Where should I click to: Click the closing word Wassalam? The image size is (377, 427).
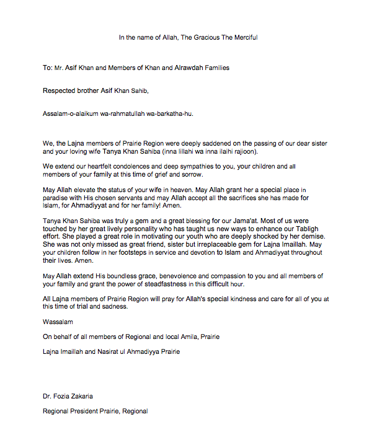(58, 322)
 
